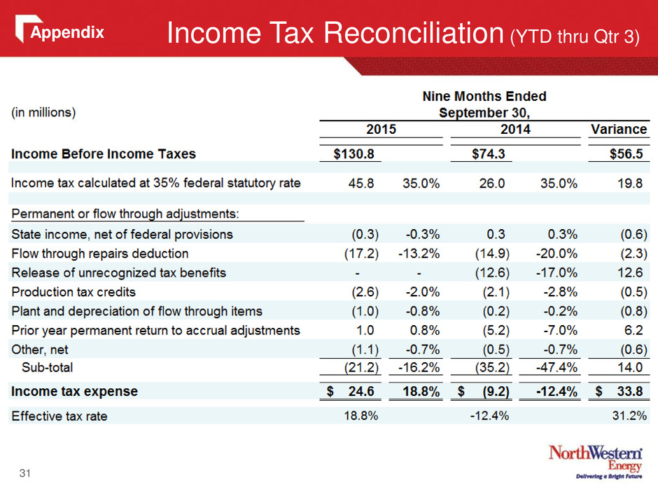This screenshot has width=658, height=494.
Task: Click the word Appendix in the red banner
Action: click(x=67, y=32)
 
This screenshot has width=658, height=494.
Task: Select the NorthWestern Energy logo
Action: click(x=596, y=461)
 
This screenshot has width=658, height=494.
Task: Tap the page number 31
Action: click(x=24, y=474)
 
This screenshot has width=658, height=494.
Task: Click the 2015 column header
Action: click(x=381, y=129)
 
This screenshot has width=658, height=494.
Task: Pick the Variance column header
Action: click(x=619, y=129)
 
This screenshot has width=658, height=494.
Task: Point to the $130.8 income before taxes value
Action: click(x=353, y=153)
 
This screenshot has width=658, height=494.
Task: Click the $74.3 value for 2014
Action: click(x=489, y=153)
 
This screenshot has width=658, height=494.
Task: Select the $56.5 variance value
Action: click(x=626, y=153)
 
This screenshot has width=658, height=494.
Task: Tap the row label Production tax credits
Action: click(x=73, y=292)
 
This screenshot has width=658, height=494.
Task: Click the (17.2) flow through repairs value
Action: click(x=361, y=254)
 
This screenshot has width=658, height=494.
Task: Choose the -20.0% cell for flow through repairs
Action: click(x=556, y=254)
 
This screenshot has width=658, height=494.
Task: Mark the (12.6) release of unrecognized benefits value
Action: click(x=492, y=273)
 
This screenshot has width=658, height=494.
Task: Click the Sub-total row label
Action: click(x=48, y=368)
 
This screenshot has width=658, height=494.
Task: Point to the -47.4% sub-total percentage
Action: click(x=556, y=368)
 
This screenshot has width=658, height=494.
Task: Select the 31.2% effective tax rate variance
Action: click(x=629, y=416)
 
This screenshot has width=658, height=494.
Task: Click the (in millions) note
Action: click(x=43, y=113)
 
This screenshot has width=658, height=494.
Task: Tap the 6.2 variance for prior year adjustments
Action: click(x=633, y=331)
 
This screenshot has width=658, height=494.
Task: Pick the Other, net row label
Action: click(x=39, y=350)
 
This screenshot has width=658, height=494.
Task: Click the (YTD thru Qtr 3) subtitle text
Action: click(x=575, y=37)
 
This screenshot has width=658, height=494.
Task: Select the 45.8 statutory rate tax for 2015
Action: click(x=361, y=184)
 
